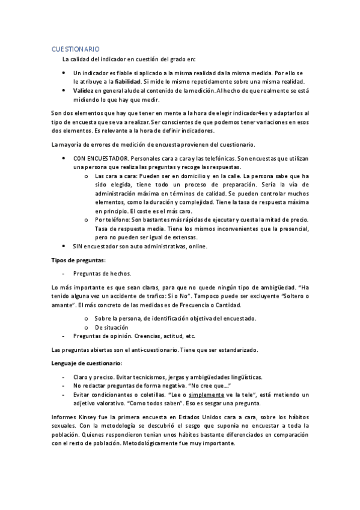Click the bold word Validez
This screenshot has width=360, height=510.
click(85, 90)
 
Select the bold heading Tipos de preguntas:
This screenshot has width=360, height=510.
click(78, 260)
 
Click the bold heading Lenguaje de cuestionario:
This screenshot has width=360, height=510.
click(86, 363)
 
